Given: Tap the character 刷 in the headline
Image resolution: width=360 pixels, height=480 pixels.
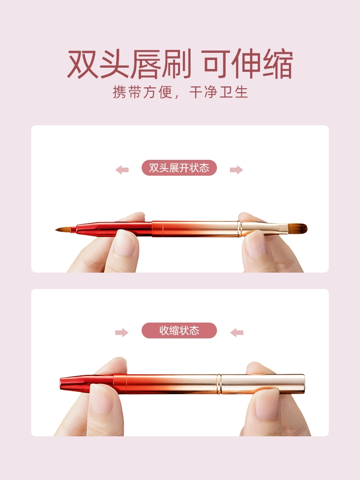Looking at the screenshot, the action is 176,64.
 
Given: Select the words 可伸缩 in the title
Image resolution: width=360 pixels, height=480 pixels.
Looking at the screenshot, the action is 247,64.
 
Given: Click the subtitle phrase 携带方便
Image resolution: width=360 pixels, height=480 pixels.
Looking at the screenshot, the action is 143,92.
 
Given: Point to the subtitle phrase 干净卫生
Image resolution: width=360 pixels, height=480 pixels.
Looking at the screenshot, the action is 218,92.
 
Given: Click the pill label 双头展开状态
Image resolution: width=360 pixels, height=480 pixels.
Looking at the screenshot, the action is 179,168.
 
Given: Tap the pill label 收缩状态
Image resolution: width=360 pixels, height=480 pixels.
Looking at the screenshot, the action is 179,330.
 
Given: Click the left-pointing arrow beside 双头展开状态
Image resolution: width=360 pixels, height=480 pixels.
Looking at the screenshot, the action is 122,169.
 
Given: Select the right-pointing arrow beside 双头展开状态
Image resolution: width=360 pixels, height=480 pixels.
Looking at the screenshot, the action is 236,169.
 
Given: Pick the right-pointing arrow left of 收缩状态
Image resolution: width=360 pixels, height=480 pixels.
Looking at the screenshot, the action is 122,333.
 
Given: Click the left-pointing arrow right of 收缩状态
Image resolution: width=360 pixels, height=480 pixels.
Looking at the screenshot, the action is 237,333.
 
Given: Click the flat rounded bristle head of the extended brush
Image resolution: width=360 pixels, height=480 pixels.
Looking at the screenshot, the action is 298,228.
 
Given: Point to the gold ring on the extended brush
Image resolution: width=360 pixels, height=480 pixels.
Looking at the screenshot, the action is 240,229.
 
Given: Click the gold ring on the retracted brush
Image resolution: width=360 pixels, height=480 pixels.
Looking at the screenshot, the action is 219,384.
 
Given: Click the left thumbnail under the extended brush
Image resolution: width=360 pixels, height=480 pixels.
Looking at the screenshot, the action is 124,243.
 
